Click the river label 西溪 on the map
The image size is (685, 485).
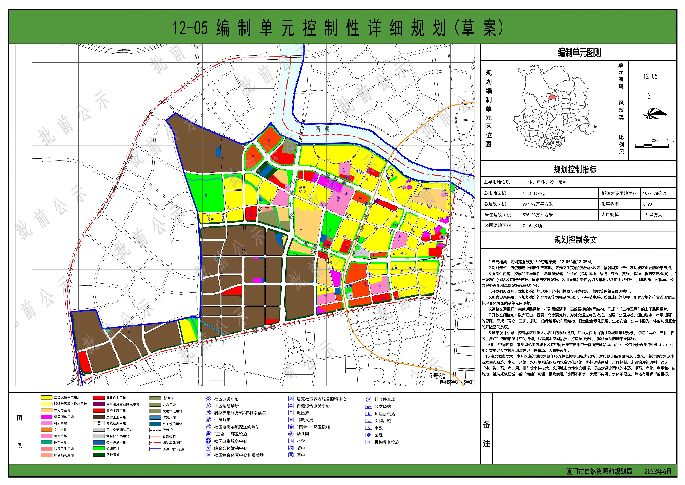(322, 129)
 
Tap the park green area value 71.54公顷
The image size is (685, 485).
(532, 226)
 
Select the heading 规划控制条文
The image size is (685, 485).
(575, 240)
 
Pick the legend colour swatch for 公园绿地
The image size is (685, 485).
(99, 448)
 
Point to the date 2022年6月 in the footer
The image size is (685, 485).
(658, 471)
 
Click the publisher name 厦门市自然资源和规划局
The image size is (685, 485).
(599, 471)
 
